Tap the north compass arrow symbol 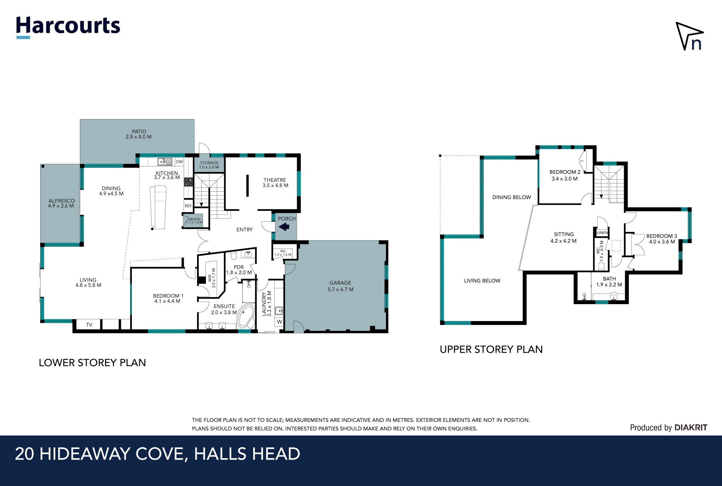[x=689, y=36]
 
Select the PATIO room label [x=139, y=131]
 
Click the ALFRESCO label [x=62, y=201]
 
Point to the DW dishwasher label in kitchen [x=179, y=162]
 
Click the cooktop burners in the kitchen [x=189, y=182]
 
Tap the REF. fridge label [x=189, y=206]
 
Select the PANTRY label [x=194, y=219]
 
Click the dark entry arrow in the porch [x=284, y=227]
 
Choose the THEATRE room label [x=275, y=180]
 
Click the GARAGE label [x=340, y=283]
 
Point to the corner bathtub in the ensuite [x=246, y=316]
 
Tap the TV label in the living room [x=89, y=325]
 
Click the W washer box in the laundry [x=280, y=322]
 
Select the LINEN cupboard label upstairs [x=602, y=233]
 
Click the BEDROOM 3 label [x=661, y=236]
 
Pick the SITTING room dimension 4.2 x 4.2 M [x=563, y=241]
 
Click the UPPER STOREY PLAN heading [x=491, y=349]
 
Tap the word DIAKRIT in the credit [x=691, y=427]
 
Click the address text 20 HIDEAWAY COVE [x=100, y=454]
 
